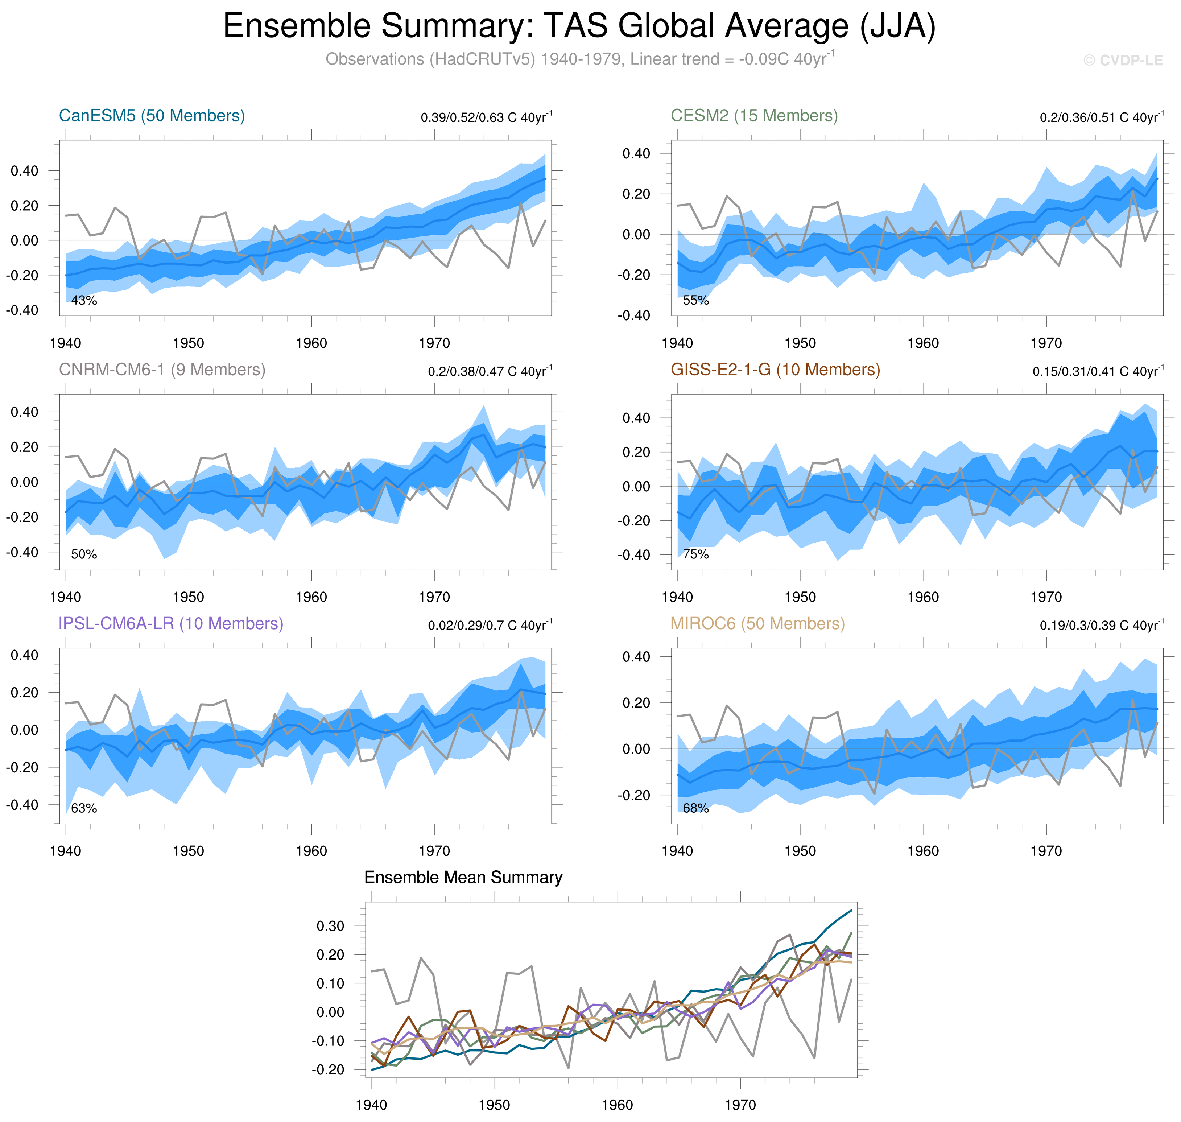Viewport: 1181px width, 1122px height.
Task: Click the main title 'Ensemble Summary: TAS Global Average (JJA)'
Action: tap(579, 26)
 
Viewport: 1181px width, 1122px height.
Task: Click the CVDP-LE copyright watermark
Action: tap(1123, 61)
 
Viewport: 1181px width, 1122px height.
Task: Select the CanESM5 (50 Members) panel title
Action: tap(152, 115)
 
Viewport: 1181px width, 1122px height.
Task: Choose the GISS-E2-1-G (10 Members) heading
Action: tap(775, 370)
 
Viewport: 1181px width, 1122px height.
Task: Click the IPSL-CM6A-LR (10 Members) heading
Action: tap(170, 623)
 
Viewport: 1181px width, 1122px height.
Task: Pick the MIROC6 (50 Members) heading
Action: tap(757, 623)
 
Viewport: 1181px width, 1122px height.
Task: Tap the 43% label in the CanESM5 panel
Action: tap(84, 300)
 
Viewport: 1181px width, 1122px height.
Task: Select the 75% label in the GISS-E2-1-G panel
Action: tap(695, 554)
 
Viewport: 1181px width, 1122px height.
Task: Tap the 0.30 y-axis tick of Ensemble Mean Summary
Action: tap(330, 926)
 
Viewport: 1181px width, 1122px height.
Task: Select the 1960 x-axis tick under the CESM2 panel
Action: tap(923, 343)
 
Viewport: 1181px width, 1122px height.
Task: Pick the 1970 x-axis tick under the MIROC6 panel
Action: tap(1046, 851)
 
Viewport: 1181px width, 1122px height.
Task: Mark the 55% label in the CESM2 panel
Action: tap(695, 300)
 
